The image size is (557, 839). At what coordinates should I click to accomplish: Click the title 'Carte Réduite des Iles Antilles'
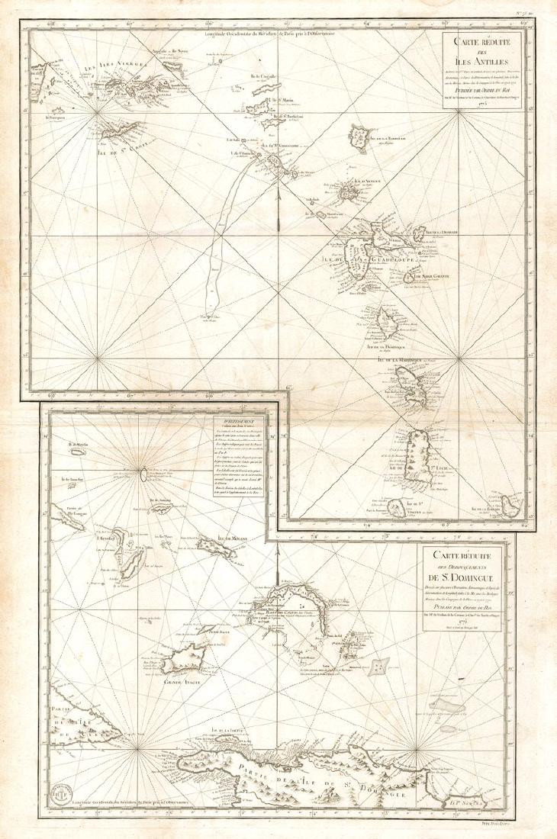tap(485, 53)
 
